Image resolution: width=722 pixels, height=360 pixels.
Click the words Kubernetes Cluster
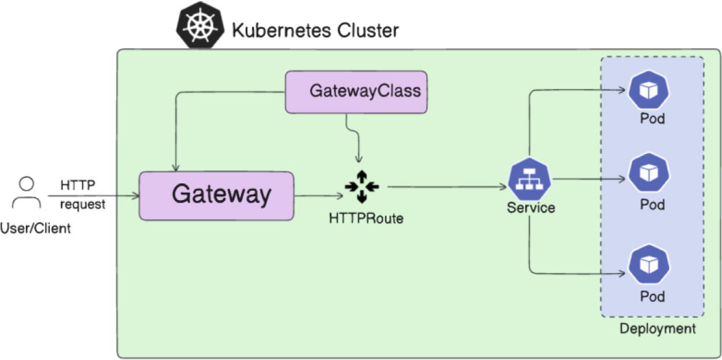(x=315, y=29)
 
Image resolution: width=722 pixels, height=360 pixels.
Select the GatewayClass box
(x=357, y=92)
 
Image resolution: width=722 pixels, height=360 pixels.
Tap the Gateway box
(x=216, y=196)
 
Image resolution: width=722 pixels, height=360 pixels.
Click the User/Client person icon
(x=26, y=194)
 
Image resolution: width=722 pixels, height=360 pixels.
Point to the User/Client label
(x=36, y=229)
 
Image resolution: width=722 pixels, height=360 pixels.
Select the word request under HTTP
(x=82, y=204)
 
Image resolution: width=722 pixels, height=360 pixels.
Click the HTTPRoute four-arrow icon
(x=362, y=186)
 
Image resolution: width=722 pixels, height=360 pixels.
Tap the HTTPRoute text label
(x=366, y=218)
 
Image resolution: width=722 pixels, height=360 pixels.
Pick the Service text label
(x=531, y=208)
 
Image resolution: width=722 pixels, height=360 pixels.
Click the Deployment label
(x=657, y=329)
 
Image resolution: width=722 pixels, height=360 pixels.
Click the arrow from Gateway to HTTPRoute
(x=319, y=196)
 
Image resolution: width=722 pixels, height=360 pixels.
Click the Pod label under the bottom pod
(x=652, y=296)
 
